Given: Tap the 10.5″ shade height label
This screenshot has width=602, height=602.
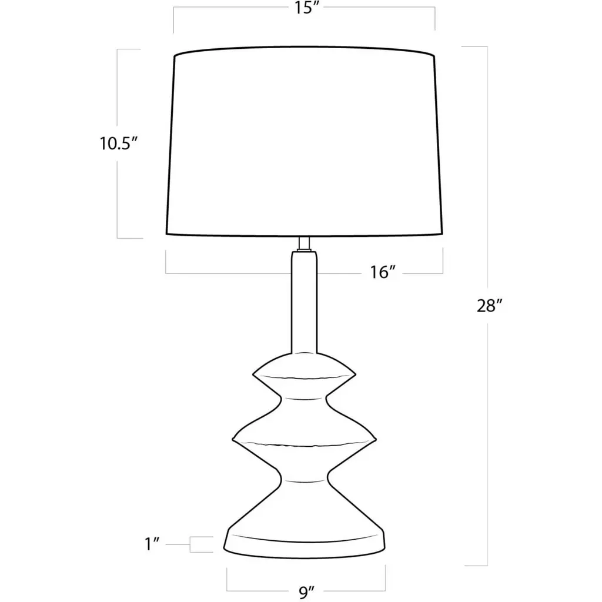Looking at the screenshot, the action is tap(119, 143).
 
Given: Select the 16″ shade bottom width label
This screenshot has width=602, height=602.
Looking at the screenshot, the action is tap(382, 272).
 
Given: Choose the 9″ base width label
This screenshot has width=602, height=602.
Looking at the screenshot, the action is tap(306, 593).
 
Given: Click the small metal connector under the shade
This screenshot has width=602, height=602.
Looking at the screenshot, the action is tap(305, 244).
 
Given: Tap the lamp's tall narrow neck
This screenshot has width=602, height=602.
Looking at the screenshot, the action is tap(305, 302).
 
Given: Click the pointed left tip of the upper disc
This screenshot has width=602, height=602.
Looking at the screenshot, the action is tap(253, 373).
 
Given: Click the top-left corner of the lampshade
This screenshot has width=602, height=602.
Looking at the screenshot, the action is tap(175, 56).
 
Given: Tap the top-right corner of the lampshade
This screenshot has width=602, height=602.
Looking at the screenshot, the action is tap(434, 56).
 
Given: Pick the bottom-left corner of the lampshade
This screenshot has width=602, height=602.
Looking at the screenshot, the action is tap(166, 233).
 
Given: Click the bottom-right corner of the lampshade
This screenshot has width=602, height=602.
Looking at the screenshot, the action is tap(442, 233).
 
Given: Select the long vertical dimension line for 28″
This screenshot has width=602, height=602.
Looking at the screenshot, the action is tap(487, 306).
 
